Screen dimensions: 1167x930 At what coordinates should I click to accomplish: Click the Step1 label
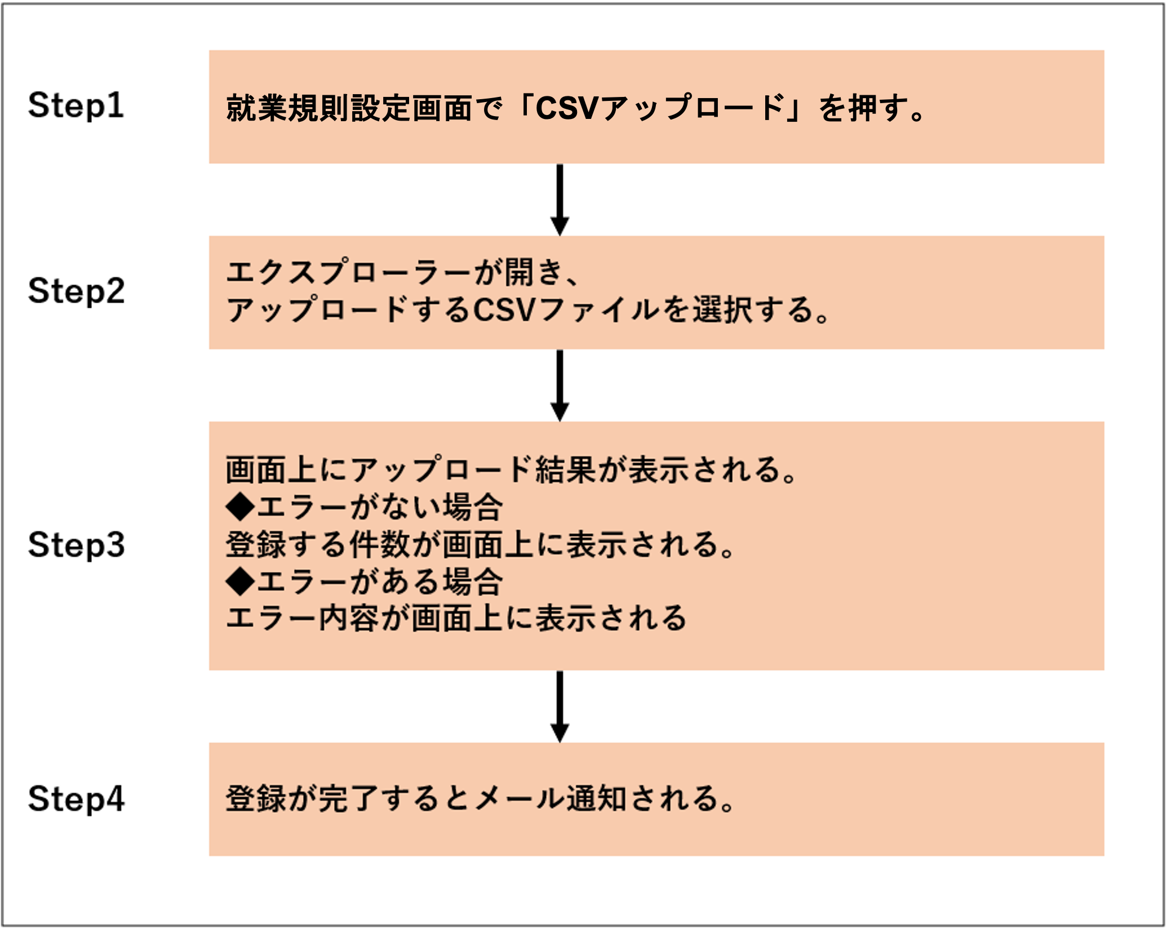click(x=76, y=105)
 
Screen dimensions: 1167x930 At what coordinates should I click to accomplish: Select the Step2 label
click(x=76, y=291)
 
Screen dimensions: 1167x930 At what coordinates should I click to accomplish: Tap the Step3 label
click(x=76, y=545)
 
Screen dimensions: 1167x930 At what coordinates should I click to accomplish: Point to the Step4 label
click(x=76, y=799)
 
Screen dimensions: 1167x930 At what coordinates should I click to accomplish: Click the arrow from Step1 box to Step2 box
click(x=560, y=200)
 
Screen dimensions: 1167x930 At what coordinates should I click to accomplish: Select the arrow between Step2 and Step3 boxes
click(x=560, y=386)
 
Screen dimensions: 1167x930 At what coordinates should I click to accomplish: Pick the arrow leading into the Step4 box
click(x=560, y=707)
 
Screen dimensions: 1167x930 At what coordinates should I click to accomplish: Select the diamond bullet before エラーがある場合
click(x=241, y=581)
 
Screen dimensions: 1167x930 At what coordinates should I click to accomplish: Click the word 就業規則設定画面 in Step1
click(x=349, y=108)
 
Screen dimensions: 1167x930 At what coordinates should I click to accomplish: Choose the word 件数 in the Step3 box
click(x=380, y=544)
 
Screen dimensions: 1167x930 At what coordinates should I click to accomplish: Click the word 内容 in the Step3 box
click(x=349, y=618)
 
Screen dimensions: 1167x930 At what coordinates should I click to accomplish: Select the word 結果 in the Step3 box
click(x=566, y=470)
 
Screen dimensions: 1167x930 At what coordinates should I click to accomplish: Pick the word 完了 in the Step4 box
click(x=349, y=799)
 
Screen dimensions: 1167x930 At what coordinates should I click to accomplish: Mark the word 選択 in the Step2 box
click(x=723, y=309)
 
